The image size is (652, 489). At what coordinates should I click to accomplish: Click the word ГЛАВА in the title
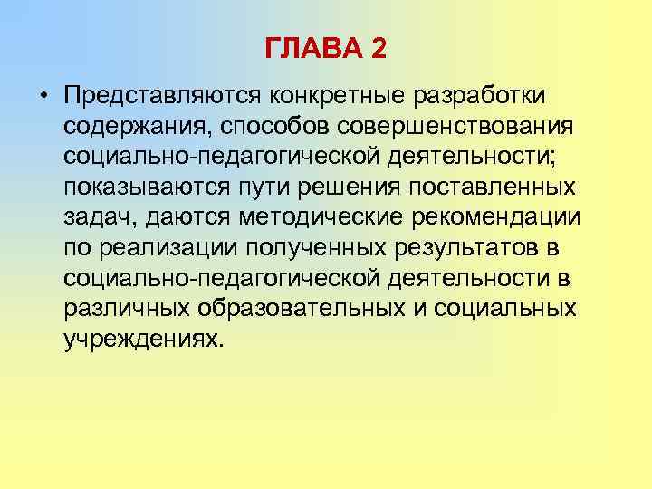pos(312,48)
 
